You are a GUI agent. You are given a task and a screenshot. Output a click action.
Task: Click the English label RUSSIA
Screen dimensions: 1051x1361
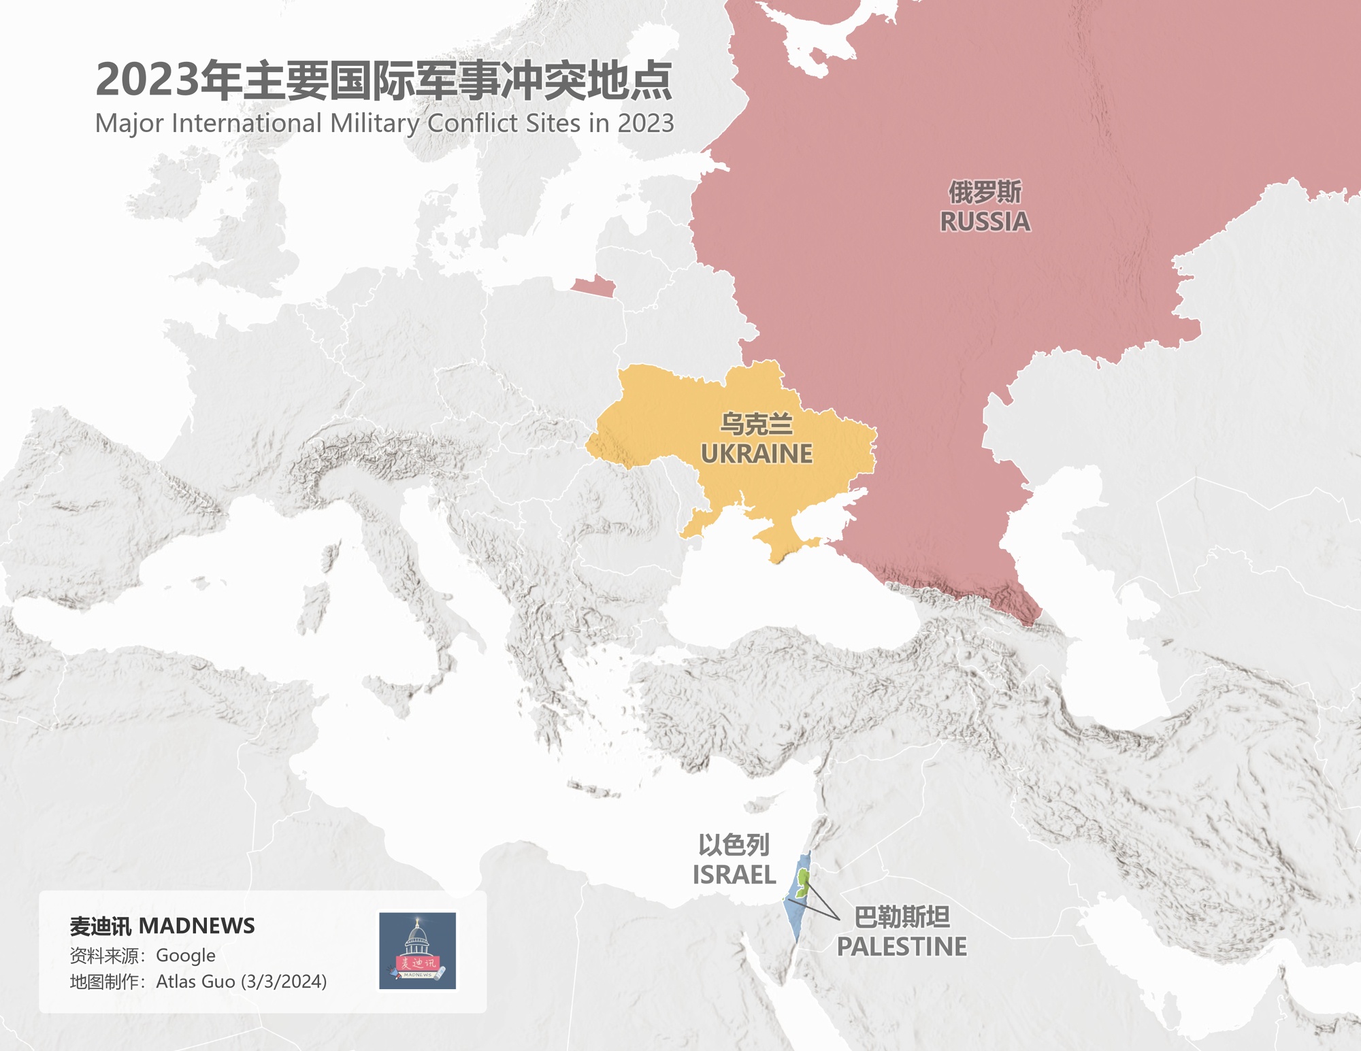point(985,222)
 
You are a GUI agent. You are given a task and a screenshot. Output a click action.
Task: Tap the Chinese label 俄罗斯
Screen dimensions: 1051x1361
point(985,192)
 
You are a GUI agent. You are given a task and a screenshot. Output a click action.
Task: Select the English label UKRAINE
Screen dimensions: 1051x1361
point(756,454)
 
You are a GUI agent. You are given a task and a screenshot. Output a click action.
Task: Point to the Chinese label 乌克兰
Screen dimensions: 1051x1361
point(756,424)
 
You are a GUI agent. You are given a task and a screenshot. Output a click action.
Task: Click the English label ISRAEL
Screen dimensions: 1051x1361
point(734,875)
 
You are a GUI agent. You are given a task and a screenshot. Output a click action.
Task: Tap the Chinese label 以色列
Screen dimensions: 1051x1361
point(734,845)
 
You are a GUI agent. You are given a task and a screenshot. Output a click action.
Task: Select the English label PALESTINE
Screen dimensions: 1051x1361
point(901,947)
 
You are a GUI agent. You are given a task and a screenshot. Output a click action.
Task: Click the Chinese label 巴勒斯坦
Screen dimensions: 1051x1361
point(901,917)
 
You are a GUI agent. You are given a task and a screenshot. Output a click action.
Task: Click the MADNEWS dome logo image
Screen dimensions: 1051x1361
point(417,950)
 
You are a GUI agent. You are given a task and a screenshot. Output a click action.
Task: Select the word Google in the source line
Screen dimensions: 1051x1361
point(185,956)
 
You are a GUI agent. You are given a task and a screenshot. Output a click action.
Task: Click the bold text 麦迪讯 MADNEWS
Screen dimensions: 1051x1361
point(162,926)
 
